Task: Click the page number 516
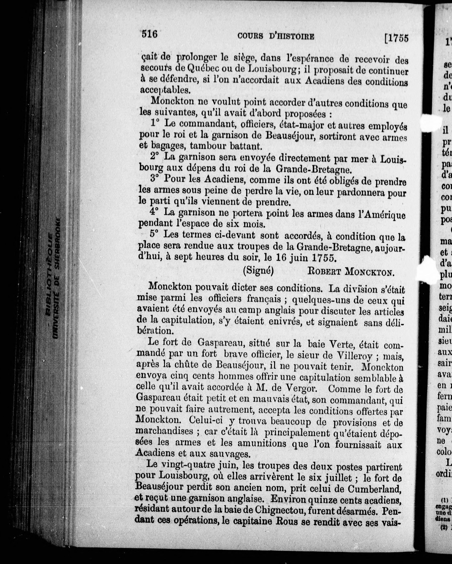[x=149, y=34]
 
